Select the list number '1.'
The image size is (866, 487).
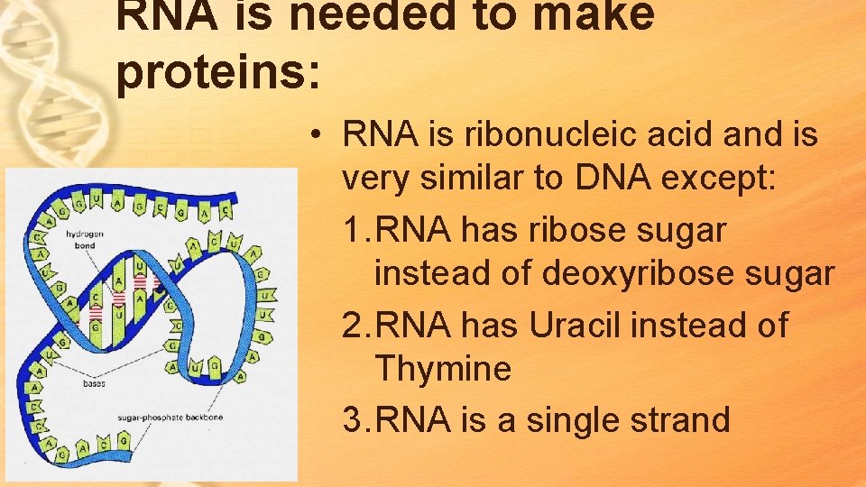[357, 230]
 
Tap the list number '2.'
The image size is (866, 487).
[357, 325]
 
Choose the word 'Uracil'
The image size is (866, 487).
[575, 325]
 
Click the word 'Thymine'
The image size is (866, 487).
[442, 368]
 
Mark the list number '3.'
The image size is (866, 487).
[357, 420]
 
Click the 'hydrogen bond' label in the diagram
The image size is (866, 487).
[83, 239]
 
